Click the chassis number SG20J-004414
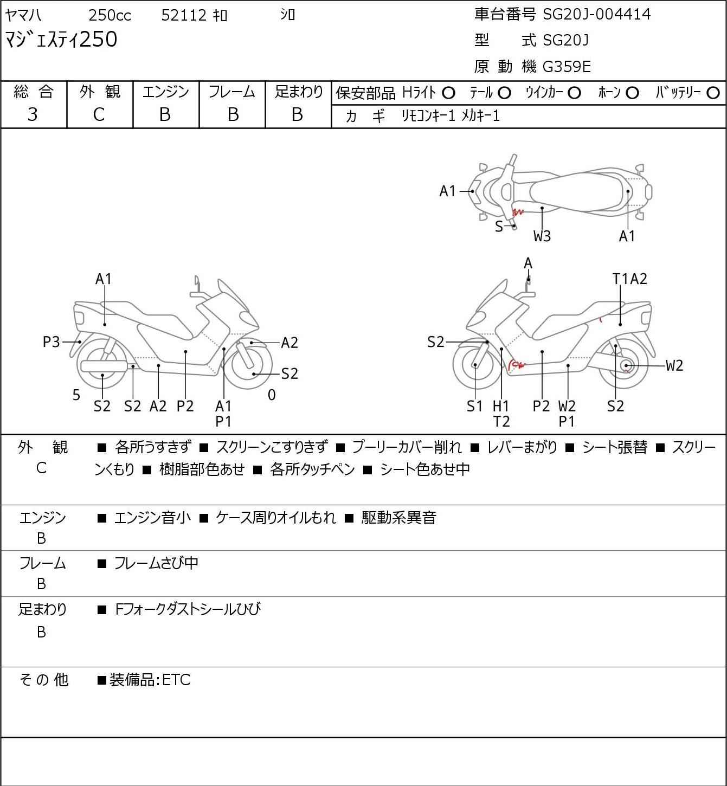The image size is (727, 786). (x=596, y=15)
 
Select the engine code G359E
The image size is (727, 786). (x=566, y=67)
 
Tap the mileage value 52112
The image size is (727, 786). (x=184, y=15)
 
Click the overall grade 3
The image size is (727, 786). (x=33, y=114)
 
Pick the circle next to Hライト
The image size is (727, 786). (x=448, y=93)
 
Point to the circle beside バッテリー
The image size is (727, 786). (x=713, y=93)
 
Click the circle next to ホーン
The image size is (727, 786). (x=632, y=93)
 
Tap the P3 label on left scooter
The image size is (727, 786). (x=51, y=342)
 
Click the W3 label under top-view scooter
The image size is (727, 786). (x=542, y=236)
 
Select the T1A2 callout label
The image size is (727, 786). (x=629, y=279)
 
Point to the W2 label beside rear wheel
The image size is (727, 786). (x=674, y=365)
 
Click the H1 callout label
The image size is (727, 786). (x=501, y=405)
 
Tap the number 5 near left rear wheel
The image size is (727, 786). (x=76, y=395)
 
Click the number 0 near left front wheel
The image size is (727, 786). (x=272, y=395)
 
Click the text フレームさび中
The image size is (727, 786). (x=156, y=563)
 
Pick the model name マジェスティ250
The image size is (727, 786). (x=61, y=40)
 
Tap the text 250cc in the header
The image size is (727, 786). (x=110, y=15)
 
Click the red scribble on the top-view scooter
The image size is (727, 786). (x=518, y=212)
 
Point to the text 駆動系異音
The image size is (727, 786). (x=398, y=517)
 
